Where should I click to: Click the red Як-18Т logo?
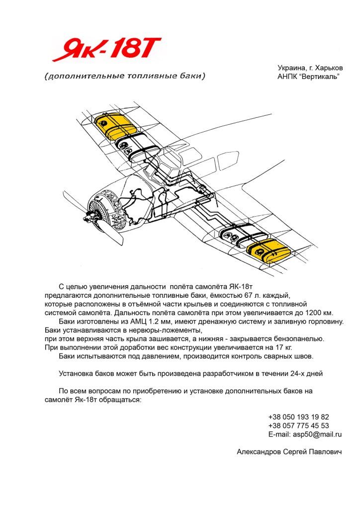tap(106, 50)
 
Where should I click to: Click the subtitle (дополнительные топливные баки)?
tap(124, 77)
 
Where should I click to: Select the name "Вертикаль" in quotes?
tap(321, 77)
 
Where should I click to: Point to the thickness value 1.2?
tap(154, 322)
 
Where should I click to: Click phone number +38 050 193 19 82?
tap(298, 417)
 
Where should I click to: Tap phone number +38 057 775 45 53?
tap(298, 425)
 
